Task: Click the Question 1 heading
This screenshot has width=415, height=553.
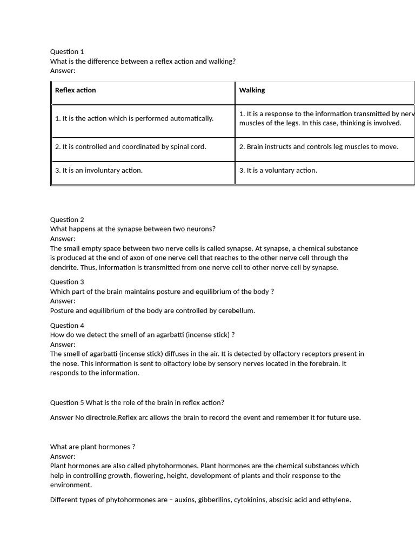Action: (67, 52)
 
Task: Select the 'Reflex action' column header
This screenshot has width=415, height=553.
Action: (75, 90)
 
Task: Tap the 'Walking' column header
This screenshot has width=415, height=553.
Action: (252, 90)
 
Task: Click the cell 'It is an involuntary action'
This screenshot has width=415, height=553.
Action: (99, 171)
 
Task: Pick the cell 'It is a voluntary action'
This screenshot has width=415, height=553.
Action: (278, 171)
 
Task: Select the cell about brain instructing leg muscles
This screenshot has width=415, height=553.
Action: (319, 147)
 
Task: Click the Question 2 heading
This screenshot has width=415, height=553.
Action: (67, 220)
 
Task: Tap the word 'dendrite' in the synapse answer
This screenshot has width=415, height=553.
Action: (64, 267)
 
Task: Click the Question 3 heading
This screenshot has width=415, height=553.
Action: (67, 282)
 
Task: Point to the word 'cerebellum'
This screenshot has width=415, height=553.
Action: (236, 311)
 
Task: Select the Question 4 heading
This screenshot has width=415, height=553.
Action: (67, 326)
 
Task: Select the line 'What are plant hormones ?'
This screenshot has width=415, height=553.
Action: (92, 447)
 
